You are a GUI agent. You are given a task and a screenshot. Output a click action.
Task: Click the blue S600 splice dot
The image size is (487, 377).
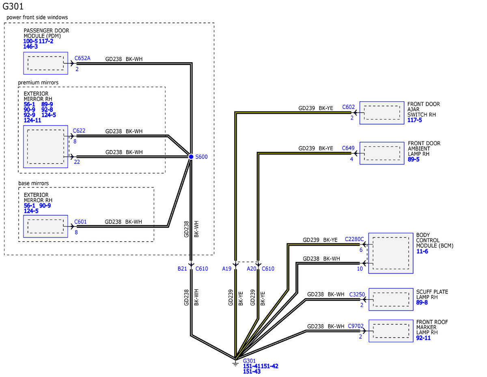[191, 157]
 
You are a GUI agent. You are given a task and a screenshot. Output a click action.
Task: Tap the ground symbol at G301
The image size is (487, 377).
[235, 363]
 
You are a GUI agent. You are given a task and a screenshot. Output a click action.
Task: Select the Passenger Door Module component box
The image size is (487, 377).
[45, 63]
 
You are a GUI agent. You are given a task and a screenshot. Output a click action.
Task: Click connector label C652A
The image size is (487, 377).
[82, 58]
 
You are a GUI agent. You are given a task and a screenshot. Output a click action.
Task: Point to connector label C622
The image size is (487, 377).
[79, 131]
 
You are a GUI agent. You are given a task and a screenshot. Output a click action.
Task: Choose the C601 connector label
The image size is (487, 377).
[80, 222]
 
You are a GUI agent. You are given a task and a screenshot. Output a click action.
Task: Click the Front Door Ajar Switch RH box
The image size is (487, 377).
[381, 113]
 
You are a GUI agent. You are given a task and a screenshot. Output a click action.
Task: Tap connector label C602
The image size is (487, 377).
[348, 107]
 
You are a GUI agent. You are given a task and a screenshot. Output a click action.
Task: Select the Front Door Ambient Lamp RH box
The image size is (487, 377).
[381, 153]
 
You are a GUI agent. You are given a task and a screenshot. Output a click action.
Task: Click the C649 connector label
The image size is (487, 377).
[348, 148]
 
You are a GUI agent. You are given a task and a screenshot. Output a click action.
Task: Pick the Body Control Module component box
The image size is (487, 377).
[391, 253]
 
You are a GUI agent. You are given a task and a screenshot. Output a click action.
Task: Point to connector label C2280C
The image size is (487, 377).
[354, 239]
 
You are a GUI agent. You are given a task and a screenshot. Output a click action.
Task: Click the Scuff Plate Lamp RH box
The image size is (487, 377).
[391, 299]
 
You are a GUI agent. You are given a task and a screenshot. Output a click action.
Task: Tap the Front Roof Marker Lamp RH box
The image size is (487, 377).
[391, 331]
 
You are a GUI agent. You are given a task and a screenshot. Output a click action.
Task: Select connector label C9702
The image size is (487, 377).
[356, 326]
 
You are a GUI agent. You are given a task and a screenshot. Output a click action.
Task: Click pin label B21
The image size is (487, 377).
[182, 268]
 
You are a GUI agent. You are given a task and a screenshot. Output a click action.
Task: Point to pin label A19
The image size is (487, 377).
[226, 268]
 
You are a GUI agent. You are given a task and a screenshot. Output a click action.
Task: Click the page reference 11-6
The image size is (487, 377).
[422, 251]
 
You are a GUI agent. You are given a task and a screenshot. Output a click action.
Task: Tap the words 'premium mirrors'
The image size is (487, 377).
[38, 83]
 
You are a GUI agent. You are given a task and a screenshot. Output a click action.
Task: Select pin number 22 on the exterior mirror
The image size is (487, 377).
[77, 162]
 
